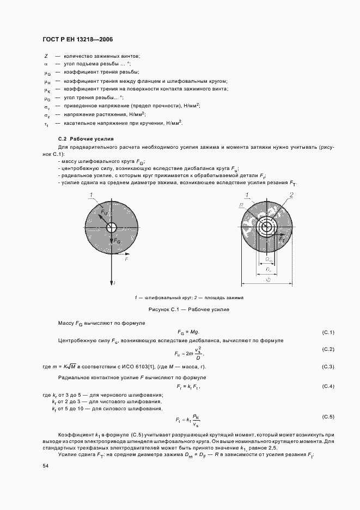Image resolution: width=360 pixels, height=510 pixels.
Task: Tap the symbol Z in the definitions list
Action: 46,56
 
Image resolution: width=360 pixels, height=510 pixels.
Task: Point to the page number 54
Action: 46,466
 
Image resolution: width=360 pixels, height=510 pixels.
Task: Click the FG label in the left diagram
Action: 117,240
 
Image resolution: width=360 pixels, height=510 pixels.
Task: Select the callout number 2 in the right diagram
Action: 292,195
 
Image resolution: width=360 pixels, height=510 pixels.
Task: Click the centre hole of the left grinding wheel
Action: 112,227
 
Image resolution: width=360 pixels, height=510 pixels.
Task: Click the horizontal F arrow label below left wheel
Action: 126,260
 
